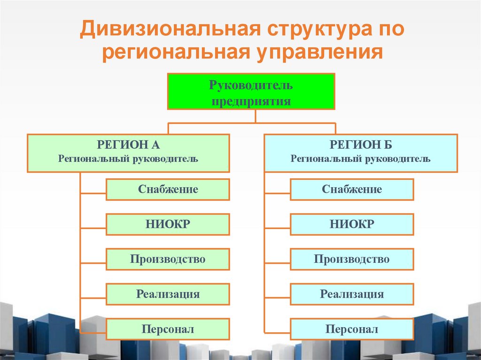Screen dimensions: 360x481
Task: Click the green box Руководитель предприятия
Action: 251,92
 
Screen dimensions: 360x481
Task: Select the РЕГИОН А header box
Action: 128,153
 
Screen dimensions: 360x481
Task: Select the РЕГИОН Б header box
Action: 360,153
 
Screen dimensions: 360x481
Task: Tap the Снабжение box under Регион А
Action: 168,190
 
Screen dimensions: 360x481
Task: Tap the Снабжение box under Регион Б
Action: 352,190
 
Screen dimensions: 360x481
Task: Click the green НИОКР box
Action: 168,224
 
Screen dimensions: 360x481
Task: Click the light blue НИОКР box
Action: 352,224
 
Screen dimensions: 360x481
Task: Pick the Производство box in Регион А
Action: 168,259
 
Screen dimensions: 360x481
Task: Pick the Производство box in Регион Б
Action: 352,259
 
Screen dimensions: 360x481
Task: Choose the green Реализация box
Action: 168,294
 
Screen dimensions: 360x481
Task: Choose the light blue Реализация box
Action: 352,294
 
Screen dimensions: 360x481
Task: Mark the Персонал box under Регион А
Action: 168,329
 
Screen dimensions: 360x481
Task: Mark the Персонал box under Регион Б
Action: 352,329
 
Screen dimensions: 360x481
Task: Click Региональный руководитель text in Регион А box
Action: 128,159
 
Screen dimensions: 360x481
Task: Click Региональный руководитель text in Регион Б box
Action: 360,159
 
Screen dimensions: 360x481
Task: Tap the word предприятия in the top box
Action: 251,101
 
